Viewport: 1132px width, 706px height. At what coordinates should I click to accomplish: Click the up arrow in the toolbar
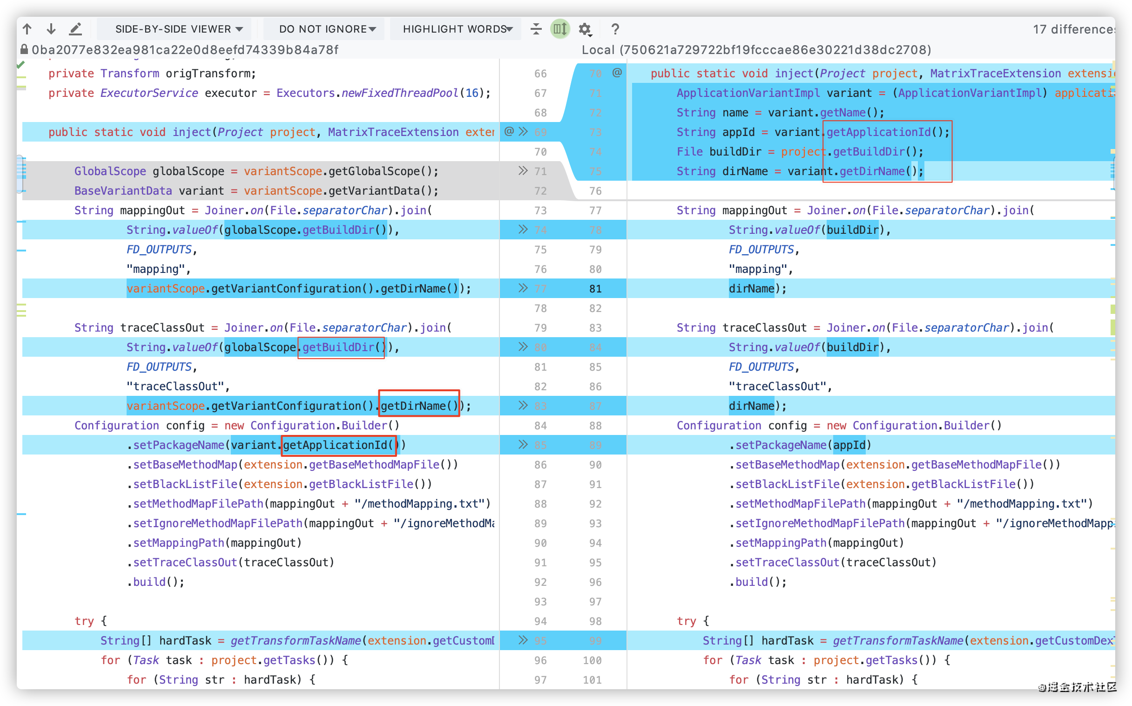point(27,29)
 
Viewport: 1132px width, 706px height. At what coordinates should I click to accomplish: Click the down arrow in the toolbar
point(51,29)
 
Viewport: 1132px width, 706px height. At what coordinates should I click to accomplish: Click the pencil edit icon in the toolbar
point(75,29)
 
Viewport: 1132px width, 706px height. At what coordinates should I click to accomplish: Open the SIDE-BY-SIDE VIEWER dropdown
point(179,29)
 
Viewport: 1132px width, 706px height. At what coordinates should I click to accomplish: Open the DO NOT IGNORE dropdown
point(327,29)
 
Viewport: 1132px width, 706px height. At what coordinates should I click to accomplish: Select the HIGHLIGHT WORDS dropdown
point(457,29)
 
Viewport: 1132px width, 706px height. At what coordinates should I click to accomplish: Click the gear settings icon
point(585,29)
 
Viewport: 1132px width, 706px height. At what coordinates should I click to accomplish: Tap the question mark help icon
point(615,29)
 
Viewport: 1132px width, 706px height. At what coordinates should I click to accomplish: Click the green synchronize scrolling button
point(560,29)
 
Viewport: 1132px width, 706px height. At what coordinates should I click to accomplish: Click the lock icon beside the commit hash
point(24,49)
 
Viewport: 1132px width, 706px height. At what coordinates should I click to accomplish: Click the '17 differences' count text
point(1073,29)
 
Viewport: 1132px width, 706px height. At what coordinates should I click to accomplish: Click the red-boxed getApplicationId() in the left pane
point(339,445)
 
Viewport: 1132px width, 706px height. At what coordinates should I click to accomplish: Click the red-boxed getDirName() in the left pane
point(418,406)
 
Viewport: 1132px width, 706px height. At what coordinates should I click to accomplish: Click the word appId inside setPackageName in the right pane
point(849,445)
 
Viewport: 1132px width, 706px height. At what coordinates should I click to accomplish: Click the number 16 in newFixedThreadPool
point(472,93)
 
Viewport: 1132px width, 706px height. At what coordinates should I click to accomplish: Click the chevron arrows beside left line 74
point(523,229)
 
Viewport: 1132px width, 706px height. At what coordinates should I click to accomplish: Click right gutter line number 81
point(595,289)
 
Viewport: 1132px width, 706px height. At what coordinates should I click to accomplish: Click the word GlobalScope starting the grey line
point(110,171)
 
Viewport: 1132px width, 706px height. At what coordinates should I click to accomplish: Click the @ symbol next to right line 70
point(617,72)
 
